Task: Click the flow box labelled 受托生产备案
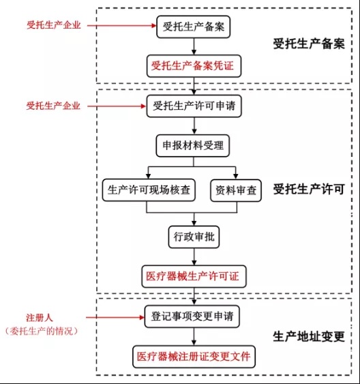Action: (x=195, y=27)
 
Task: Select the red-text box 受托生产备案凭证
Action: (x=195, y=66)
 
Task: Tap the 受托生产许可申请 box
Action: (x=195, y=106)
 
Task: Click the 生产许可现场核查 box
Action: (x=149, y=190)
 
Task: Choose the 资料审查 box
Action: (x=235, y=190)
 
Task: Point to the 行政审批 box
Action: (x=195, y=237)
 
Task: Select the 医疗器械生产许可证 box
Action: (x=195, y=277)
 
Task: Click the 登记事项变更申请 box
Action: (x=195, y=316)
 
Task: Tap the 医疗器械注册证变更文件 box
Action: (x=195, y=355)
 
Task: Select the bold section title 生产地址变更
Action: (x=308, y=336)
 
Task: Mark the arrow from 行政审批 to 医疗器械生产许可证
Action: (x=195, y=256)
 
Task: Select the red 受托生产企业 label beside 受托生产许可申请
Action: (x=53, y=106)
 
